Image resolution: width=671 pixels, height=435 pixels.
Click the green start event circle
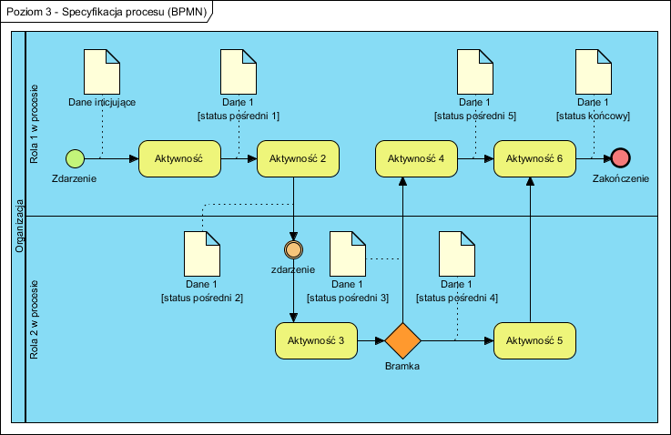[x=76, y=158]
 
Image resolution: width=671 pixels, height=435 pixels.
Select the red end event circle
[x=621, y=158]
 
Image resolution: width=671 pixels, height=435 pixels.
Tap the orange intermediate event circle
[x=293, y=248]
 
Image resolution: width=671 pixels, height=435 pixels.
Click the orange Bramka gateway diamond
[x=402, y=340]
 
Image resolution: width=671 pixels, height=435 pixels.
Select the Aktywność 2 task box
[x=292, y=158]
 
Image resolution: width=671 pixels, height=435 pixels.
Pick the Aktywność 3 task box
[x=316, y=340]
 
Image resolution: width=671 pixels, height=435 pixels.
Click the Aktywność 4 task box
[x=416, y=158]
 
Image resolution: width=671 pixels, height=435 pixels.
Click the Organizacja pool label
[x=18, y=227]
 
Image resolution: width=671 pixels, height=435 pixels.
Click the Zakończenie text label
[x=621, y=179]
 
